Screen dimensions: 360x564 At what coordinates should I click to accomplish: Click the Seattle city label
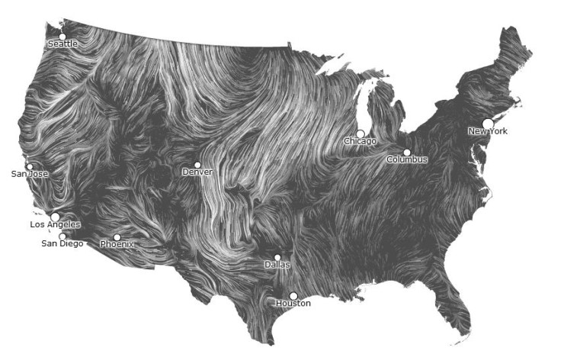62,44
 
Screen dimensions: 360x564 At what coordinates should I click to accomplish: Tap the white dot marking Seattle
62,36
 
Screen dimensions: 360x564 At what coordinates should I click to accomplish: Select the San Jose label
30,174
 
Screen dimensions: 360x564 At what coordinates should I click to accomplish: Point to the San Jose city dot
30,166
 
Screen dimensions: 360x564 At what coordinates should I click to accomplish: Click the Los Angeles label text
55,225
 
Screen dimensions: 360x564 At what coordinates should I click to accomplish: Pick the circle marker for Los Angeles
55,217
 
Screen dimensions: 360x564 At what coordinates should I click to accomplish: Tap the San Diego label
62,244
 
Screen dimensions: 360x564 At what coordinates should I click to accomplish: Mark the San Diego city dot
62,236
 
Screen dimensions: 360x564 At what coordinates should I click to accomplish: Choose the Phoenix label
117,245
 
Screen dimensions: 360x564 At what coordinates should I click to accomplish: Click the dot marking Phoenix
117,237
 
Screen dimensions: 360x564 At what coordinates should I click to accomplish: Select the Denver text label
197,172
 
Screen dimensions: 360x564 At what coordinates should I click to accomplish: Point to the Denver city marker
197,165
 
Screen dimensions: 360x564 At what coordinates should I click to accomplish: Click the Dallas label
277,265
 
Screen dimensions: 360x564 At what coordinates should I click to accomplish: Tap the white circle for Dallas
277,258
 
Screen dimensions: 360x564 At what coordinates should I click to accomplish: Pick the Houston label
293,304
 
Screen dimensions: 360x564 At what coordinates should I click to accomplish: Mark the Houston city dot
293,296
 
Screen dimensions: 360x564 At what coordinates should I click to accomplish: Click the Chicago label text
360,142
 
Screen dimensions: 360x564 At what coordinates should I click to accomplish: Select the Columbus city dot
407,153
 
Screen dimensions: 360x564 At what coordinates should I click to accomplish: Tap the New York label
488,132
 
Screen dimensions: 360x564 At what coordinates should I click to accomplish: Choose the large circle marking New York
488,123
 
